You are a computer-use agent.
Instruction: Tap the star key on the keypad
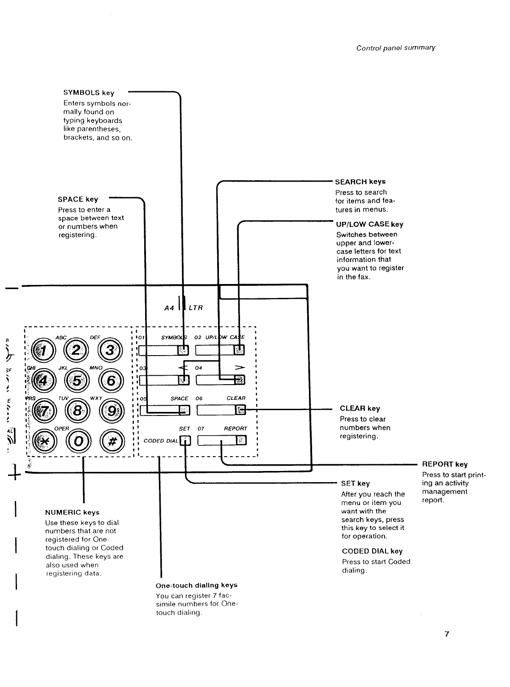point(45,441)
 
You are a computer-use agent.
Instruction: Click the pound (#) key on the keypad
point(112,441)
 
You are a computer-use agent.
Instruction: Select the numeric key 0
point(78,441)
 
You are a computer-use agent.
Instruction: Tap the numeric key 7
point(45,411)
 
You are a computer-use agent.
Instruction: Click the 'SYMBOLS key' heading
point(89,93)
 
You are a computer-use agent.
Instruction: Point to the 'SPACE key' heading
point(78,199)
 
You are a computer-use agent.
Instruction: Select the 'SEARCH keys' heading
point(360,182)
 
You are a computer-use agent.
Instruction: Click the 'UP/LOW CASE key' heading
point(369,224)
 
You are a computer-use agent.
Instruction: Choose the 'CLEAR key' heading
point(360,408)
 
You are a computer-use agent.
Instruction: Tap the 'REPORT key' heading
point(445,464)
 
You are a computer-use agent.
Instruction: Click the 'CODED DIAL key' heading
point(372,551)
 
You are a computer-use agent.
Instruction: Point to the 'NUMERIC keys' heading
point(72,512)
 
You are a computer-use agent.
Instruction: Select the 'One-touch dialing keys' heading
point(197,585)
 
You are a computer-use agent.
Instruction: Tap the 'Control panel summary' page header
point(396,48)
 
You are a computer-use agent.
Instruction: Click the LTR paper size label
point(196,308)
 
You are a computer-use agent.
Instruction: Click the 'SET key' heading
point(356,483)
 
